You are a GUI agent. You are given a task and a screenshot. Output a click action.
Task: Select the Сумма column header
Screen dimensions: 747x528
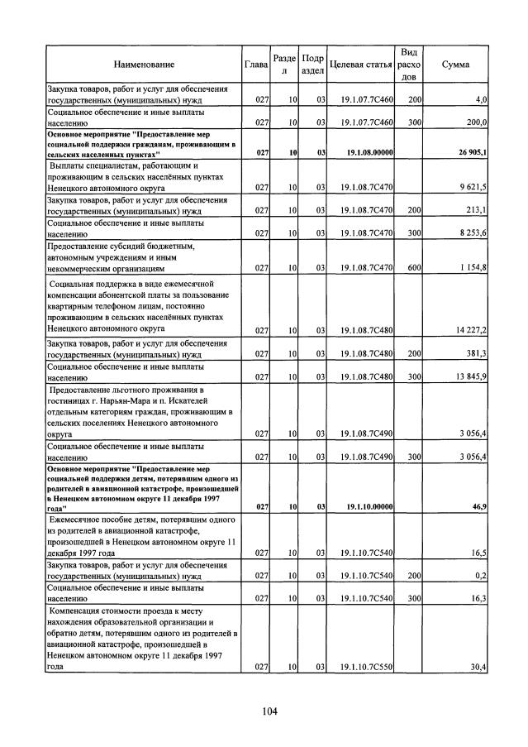tap(456, 64)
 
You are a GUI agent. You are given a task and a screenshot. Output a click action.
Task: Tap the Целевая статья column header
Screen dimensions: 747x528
tap(360, 64)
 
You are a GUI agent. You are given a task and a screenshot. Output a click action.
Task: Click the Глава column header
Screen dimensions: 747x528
tap(256, 64)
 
